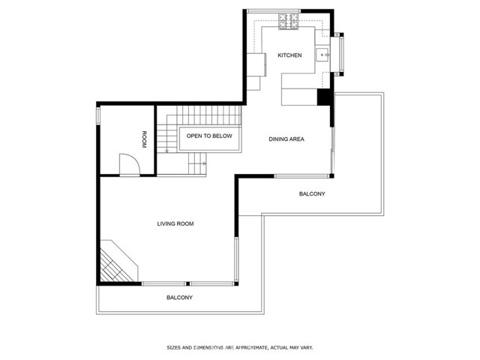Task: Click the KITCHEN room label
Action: (x=289, y=55)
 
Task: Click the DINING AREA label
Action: (x=286, y=139)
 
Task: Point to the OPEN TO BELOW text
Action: (x=209, y=136)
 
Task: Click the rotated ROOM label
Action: (x=144, y=139)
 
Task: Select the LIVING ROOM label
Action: (x=175, y=223)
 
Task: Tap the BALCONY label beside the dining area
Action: (x=312, y=194)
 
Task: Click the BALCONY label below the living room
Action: (x=179, y=298)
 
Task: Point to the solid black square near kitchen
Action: (x=323, y=97)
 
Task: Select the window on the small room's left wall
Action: (x=98, y=117)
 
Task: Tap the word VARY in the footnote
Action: (x=306, y=347)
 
